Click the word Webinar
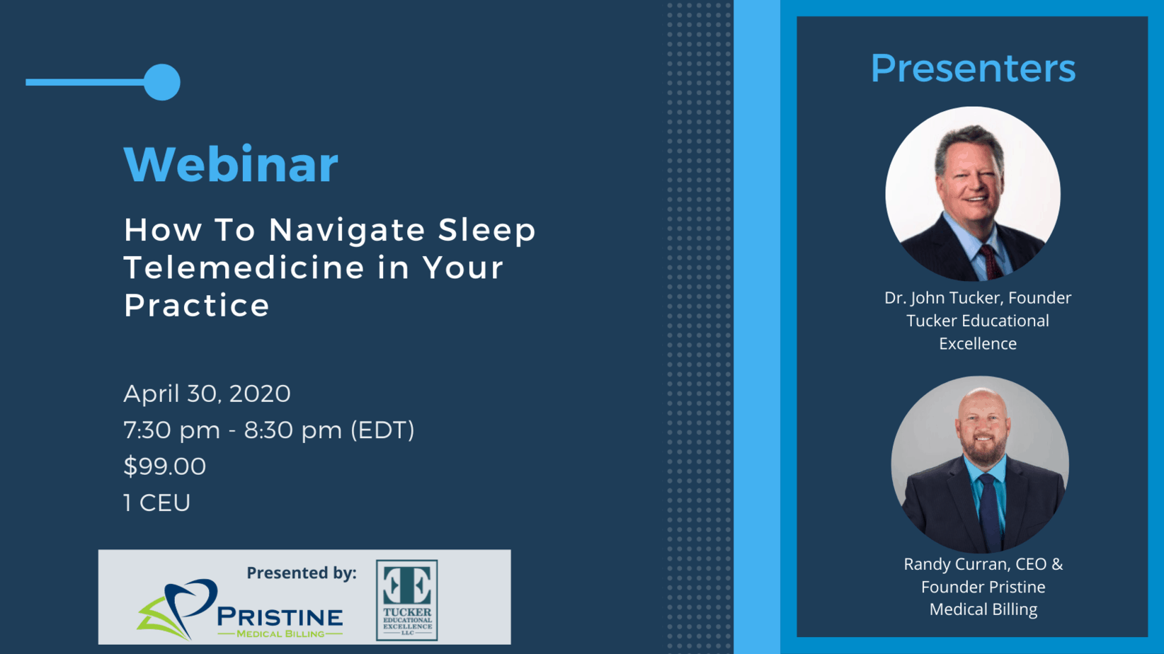[231, 164]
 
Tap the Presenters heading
[973, 68]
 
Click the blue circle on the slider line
[161, 82]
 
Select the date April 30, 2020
[207, 394]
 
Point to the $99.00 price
[165, 466]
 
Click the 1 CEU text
[157, 503]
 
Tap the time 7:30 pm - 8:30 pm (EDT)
[268, 430]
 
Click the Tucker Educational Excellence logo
[407, 600]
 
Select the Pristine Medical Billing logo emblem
[177, 609]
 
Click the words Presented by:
[302, 573]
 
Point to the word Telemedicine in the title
[244, 268]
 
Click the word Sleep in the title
[487, 230]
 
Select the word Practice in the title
[196, 306]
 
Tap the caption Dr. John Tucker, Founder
[978, 298]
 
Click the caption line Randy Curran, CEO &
[983, 564]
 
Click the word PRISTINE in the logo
[280, 617]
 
